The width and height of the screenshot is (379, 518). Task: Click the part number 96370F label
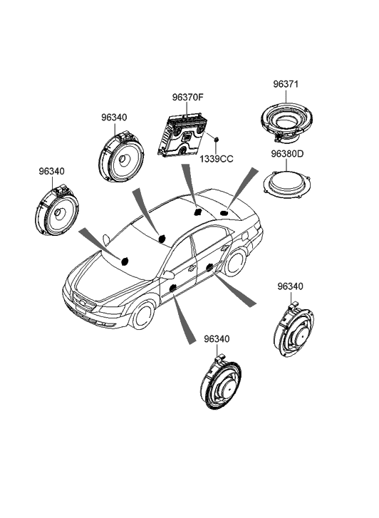(x=187, y=98)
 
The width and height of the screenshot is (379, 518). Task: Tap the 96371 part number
(x=286, y=84)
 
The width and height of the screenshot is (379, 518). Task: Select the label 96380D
(x=287, y=154)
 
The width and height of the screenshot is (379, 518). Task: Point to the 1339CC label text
(x=216, y=159)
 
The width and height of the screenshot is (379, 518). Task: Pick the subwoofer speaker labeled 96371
(x=286, y=123)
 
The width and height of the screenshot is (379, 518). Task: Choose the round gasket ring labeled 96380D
(x=287, y=185)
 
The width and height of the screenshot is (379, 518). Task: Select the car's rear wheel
(x=235, y=262)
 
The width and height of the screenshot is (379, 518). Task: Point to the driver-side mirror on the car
(x=167, y=275)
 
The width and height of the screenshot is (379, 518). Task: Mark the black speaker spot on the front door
(x=172, y=288)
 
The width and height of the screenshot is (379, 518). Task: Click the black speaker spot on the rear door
(x=209, y=268)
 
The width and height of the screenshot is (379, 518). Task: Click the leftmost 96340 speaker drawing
(x=56, y=210)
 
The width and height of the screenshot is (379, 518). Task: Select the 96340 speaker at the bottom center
(x=220, y=382)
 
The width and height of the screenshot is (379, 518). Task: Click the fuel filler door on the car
(x=245, y=236)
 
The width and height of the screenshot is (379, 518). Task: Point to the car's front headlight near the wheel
(x=112, y=310)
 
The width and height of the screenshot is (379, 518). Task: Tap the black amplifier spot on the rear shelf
(x=197, y=212)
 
